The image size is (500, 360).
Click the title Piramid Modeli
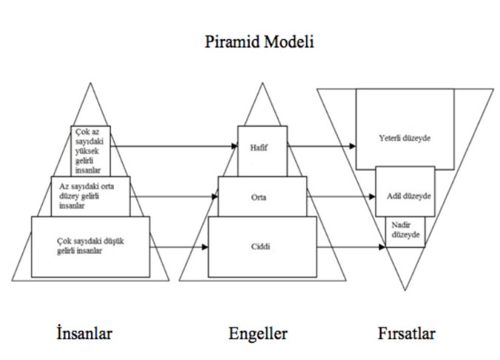coord(260,42)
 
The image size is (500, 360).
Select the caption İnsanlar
coord(84,333)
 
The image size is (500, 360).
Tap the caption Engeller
coord(258,333)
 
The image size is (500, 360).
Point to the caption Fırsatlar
coord(404,333)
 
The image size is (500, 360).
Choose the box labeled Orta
coord(259,197)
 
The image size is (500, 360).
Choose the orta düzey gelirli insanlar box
coord(90,196)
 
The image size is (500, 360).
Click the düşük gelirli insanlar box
coord(90,247)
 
